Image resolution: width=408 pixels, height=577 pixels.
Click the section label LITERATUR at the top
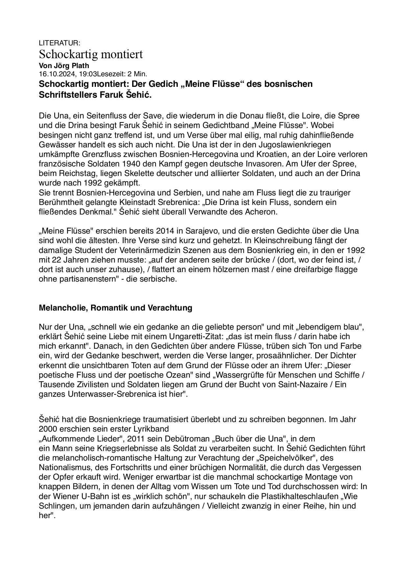[x=59, y=43]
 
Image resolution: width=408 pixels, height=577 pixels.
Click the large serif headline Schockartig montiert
[x=91, y=54]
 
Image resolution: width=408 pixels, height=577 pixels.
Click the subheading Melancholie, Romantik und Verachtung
[x=115, y=308]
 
